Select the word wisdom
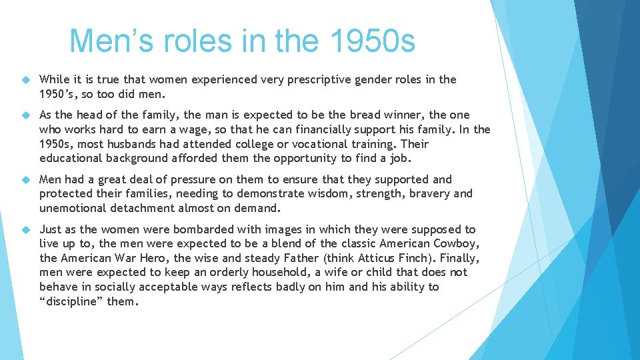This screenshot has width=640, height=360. [338, 193]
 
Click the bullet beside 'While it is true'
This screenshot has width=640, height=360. [27, 80]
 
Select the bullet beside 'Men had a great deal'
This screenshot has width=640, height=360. [27, 180]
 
